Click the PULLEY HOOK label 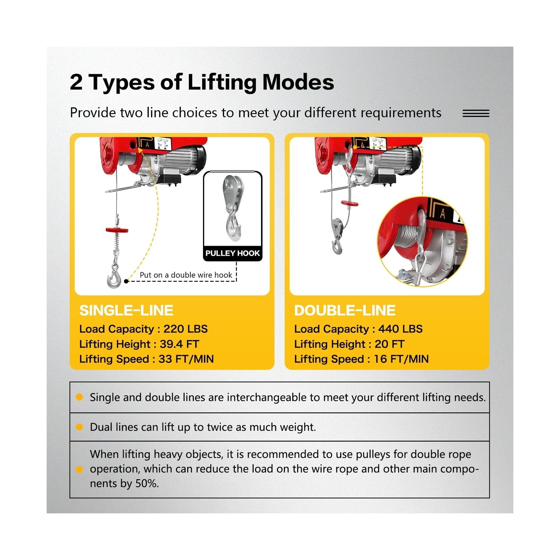click(232, 253)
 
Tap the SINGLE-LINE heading click(126, 310)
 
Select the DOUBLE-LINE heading click(344, 310)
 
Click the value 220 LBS click(185, 329)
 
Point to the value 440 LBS click(400, 329)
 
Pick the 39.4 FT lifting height click(179, 344)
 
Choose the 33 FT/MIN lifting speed click(186, 359)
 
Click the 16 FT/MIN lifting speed click(401, 359)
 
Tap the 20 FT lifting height click(389, 344)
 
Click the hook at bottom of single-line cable click(114, 276)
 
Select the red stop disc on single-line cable click(117, 230)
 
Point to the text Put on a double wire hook click(185, 275)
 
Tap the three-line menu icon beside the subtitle click(476, 113)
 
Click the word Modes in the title click(298, 82)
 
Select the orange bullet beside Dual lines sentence click(79, 427)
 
